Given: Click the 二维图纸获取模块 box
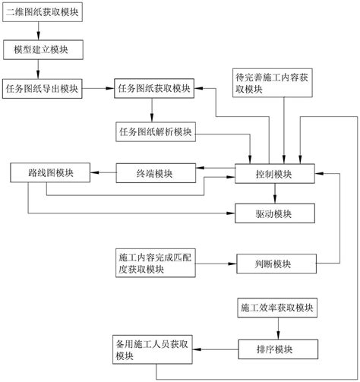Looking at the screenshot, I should (x=46, y=13).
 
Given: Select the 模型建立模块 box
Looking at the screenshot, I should (x=46, y=49).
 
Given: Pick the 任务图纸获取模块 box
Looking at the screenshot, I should (x=155, y=88).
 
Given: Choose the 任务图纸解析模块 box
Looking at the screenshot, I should (x=155, y=131).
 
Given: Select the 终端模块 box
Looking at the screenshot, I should (x=155, y=174).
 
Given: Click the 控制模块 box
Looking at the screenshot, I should (x=274, y=175).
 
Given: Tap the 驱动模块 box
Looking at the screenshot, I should (x=274, y=214).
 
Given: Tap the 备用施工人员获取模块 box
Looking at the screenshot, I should (x=154, y=350).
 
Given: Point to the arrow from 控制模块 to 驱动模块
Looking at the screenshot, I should (x=274, y=194).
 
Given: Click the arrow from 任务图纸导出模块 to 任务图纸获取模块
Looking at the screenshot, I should (x=100, y=88).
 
